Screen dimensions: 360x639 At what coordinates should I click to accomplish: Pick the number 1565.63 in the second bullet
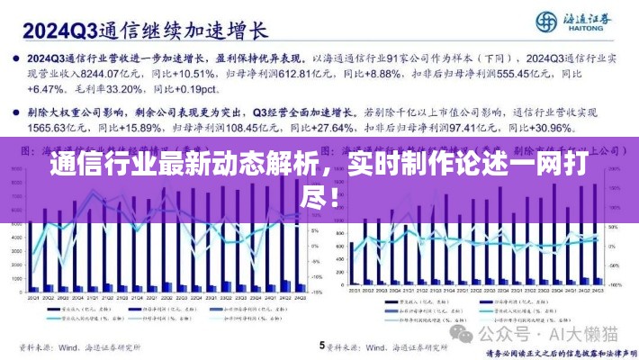pos(45,130)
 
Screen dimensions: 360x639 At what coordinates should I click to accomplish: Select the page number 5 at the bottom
pos(321,345)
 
